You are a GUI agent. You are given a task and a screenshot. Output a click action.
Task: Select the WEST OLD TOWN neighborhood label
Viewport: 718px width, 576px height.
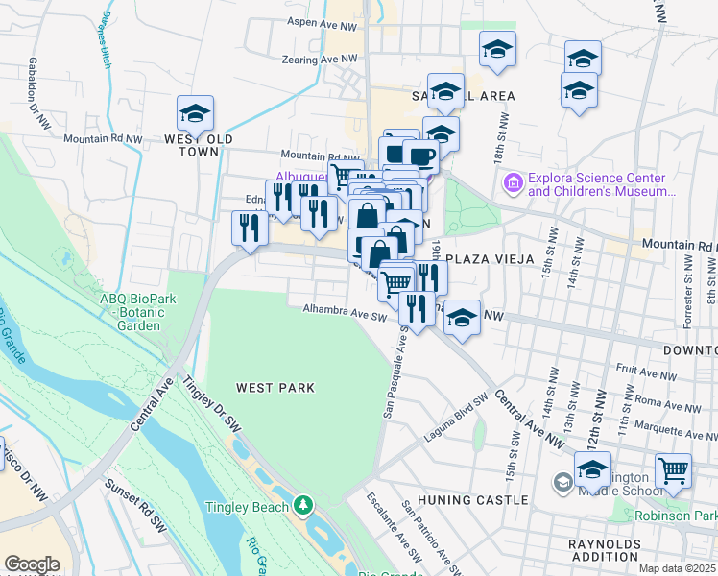[x=199, y=145]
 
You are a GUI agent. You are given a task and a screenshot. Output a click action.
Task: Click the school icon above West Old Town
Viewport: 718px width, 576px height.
[x=195, y=113]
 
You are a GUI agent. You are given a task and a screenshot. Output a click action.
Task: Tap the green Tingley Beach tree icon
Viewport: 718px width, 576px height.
[x=304, y=504]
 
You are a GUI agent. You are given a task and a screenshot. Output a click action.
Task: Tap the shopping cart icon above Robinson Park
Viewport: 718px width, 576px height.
[x=674, y=470]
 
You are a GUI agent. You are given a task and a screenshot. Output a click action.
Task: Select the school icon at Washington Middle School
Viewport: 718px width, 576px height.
[x=592, y=470]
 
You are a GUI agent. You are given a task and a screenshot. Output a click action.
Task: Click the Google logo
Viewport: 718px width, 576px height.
[x=32, y=564]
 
